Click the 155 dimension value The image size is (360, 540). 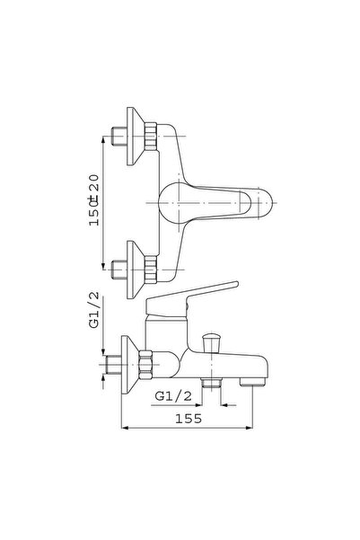tap(189, 419)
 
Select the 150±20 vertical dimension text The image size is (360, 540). tap(93, 200)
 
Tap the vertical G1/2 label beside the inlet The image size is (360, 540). tap(93, 310)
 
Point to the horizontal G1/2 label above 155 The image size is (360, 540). tap(173, 396)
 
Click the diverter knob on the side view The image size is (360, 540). tap(211, 342)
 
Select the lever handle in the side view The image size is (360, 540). tap(191, 299)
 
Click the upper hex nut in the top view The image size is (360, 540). tap(151, 137)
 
